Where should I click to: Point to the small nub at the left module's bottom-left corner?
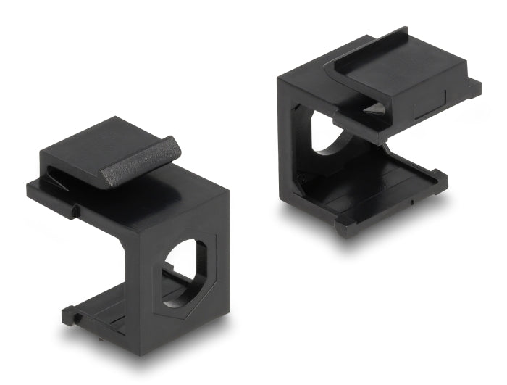coord(69,317)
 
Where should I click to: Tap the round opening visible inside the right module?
coord(326,134)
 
